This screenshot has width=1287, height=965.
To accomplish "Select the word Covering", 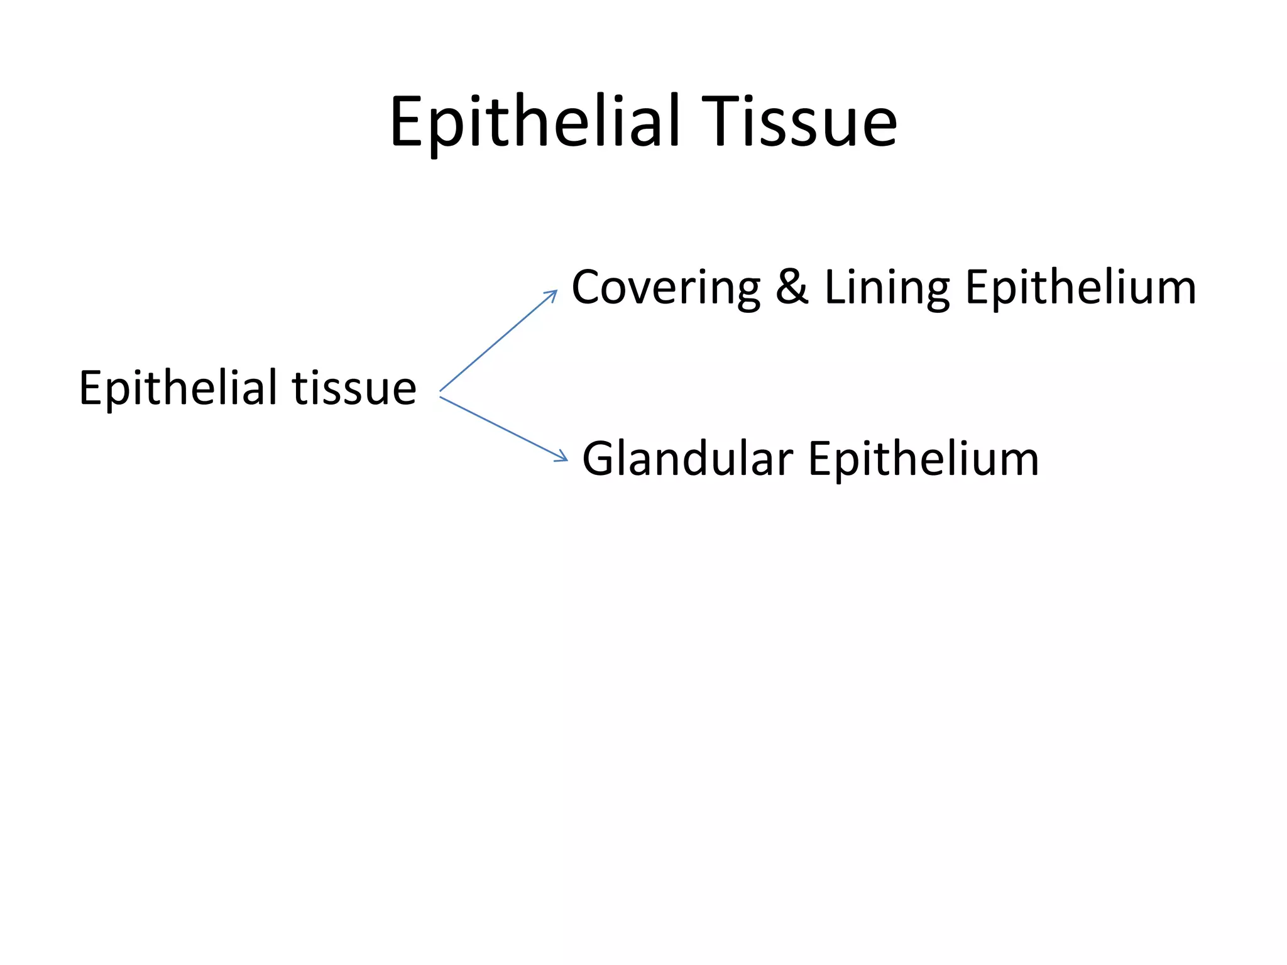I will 665,288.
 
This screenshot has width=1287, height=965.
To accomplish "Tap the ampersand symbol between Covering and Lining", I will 791,287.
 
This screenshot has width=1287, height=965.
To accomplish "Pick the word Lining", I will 887,288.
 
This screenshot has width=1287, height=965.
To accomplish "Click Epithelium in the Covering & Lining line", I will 1080,288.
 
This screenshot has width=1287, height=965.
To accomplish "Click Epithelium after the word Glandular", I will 923,459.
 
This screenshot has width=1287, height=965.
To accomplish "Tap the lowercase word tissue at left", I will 354,388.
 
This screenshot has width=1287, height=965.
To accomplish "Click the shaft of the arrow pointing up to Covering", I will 496,342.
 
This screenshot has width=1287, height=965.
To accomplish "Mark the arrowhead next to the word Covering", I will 553,294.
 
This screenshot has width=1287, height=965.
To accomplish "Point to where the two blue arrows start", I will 441,394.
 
